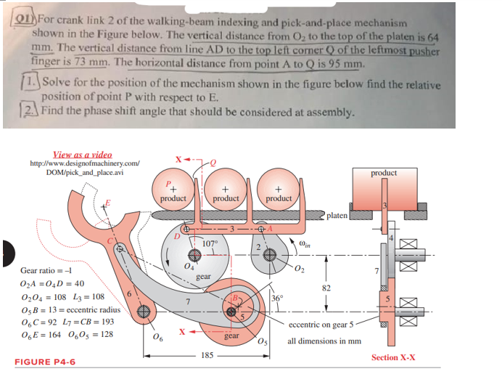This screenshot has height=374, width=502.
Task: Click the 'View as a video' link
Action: (x=83, y=155)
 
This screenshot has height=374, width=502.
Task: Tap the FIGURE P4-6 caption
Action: (x=45, y=361)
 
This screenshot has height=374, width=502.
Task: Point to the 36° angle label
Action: (x=277, y=298)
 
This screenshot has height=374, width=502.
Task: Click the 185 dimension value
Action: (x=207, y=356)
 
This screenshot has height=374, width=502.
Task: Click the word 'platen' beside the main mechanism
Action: (x=337, y=216)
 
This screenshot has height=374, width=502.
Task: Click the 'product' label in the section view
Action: (x=384, y=173)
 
